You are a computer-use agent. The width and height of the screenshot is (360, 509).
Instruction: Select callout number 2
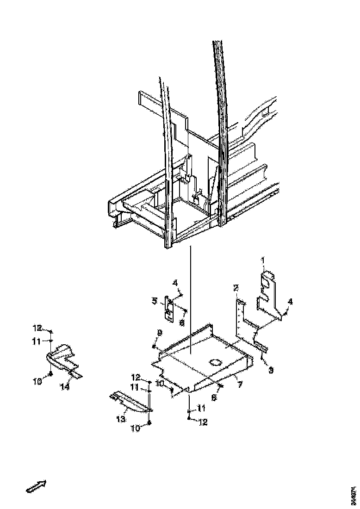tap(236, 288)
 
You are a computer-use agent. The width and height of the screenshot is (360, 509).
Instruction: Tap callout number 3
tap(271, 370)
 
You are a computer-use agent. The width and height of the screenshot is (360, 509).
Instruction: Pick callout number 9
tap(159, 332)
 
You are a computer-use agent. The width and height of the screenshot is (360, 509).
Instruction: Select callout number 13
tap(121, 419)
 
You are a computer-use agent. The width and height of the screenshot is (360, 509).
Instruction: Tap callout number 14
tap(65, 387)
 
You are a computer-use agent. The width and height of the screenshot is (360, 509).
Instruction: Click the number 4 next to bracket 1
tap(290, 302)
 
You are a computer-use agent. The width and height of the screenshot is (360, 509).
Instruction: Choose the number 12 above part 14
tap(37, 329)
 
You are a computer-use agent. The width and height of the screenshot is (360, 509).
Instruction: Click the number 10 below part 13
tap(136, 428)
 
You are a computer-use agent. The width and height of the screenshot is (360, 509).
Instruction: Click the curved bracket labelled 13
tap(131, 402)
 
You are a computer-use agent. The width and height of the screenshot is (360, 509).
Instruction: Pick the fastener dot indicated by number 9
tap(155, 346)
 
